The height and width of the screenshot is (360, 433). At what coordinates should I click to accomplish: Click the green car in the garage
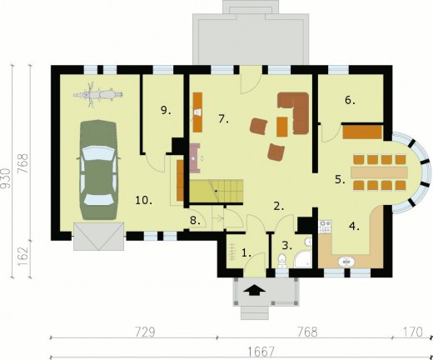point(98,170)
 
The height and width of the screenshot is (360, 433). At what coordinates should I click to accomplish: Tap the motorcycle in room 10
point(98,94)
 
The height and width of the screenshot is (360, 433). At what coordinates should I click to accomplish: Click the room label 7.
point(223,119)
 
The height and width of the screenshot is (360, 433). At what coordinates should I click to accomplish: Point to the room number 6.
point(350,100)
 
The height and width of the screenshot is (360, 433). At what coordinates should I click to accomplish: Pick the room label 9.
point(166,111)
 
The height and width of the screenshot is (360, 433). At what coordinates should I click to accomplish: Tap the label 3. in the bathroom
point(287,246)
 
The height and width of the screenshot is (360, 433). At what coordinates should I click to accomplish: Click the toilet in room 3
point(282,261)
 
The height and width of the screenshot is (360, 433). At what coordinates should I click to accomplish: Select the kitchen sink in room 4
point(346,262)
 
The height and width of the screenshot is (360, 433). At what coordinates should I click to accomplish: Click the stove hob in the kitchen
point(325,227)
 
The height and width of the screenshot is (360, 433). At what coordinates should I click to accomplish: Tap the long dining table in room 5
point(379,172)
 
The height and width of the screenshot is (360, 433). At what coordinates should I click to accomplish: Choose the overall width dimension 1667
point(261,352)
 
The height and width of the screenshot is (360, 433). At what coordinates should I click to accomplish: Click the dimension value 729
point(145,332)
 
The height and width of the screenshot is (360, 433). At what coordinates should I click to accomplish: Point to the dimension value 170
point(413,332)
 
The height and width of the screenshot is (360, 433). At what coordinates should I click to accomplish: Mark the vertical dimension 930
point(6,178)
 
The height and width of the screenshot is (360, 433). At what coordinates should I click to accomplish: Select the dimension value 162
point(23,256)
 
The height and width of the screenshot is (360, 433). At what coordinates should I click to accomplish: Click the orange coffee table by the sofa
point(281,127)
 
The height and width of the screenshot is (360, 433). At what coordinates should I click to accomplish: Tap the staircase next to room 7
point(216,191)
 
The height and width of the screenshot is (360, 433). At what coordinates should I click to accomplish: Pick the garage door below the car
point(98,236)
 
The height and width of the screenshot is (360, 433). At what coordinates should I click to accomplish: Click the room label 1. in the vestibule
point(246,253)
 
